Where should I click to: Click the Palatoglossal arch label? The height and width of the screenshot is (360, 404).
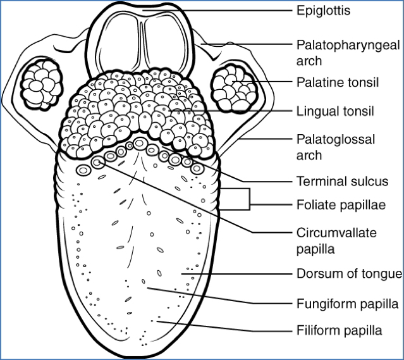pos(336,147)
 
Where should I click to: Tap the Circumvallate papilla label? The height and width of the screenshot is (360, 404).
pos(336,240)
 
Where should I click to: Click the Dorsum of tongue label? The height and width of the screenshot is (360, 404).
pos(349,273)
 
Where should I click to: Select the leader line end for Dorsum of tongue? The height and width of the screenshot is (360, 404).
pos(185,273)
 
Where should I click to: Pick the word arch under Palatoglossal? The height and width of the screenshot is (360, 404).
pos(309,156)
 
